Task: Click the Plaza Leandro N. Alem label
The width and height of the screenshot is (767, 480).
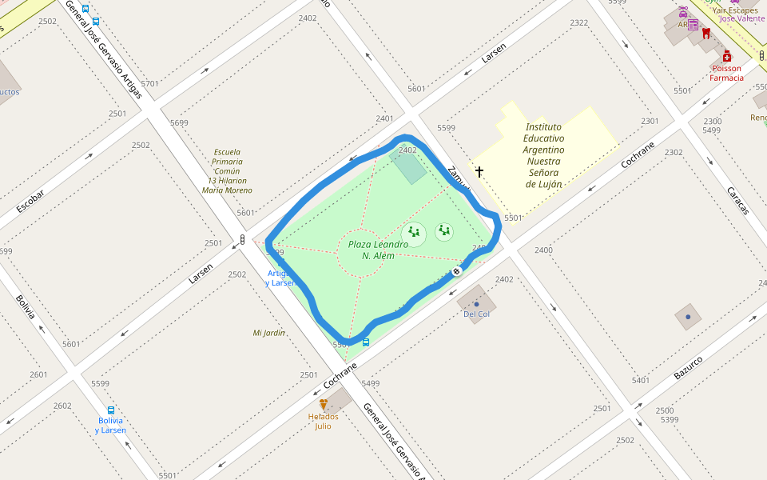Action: click(378, 250)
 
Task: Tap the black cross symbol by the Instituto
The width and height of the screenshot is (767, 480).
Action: click(479, 171)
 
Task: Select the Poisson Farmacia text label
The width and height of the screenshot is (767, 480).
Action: click(726, 73)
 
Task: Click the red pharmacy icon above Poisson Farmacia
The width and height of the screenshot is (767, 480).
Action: click(726, 56)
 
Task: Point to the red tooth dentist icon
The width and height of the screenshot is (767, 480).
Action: click(705, 33)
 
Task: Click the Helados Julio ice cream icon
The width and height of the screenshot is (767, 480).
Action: click(324, 405)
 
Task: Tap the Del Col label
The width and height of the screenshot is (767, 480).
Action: click(477, 314)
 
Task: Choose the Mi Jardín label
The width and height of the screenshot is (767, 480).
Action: click(269, 333)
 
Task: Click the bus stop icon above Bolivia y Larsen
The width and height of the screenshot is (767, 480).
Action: click(110, 410)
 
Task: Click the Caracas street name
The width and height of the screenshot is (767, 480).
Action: click(737, 200)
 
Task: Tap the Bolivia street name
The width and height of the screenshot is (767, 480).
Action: click(26, 307)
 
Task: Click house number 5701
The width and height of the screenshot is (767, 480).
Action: click(149, 83)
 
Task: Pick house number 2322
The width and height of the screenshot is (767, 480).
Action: click(579, 23)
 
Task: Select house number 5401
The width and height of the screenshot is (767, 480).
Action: click(641, 380)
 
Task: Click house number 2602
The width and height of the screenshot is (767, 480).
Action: click(62, 406)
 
